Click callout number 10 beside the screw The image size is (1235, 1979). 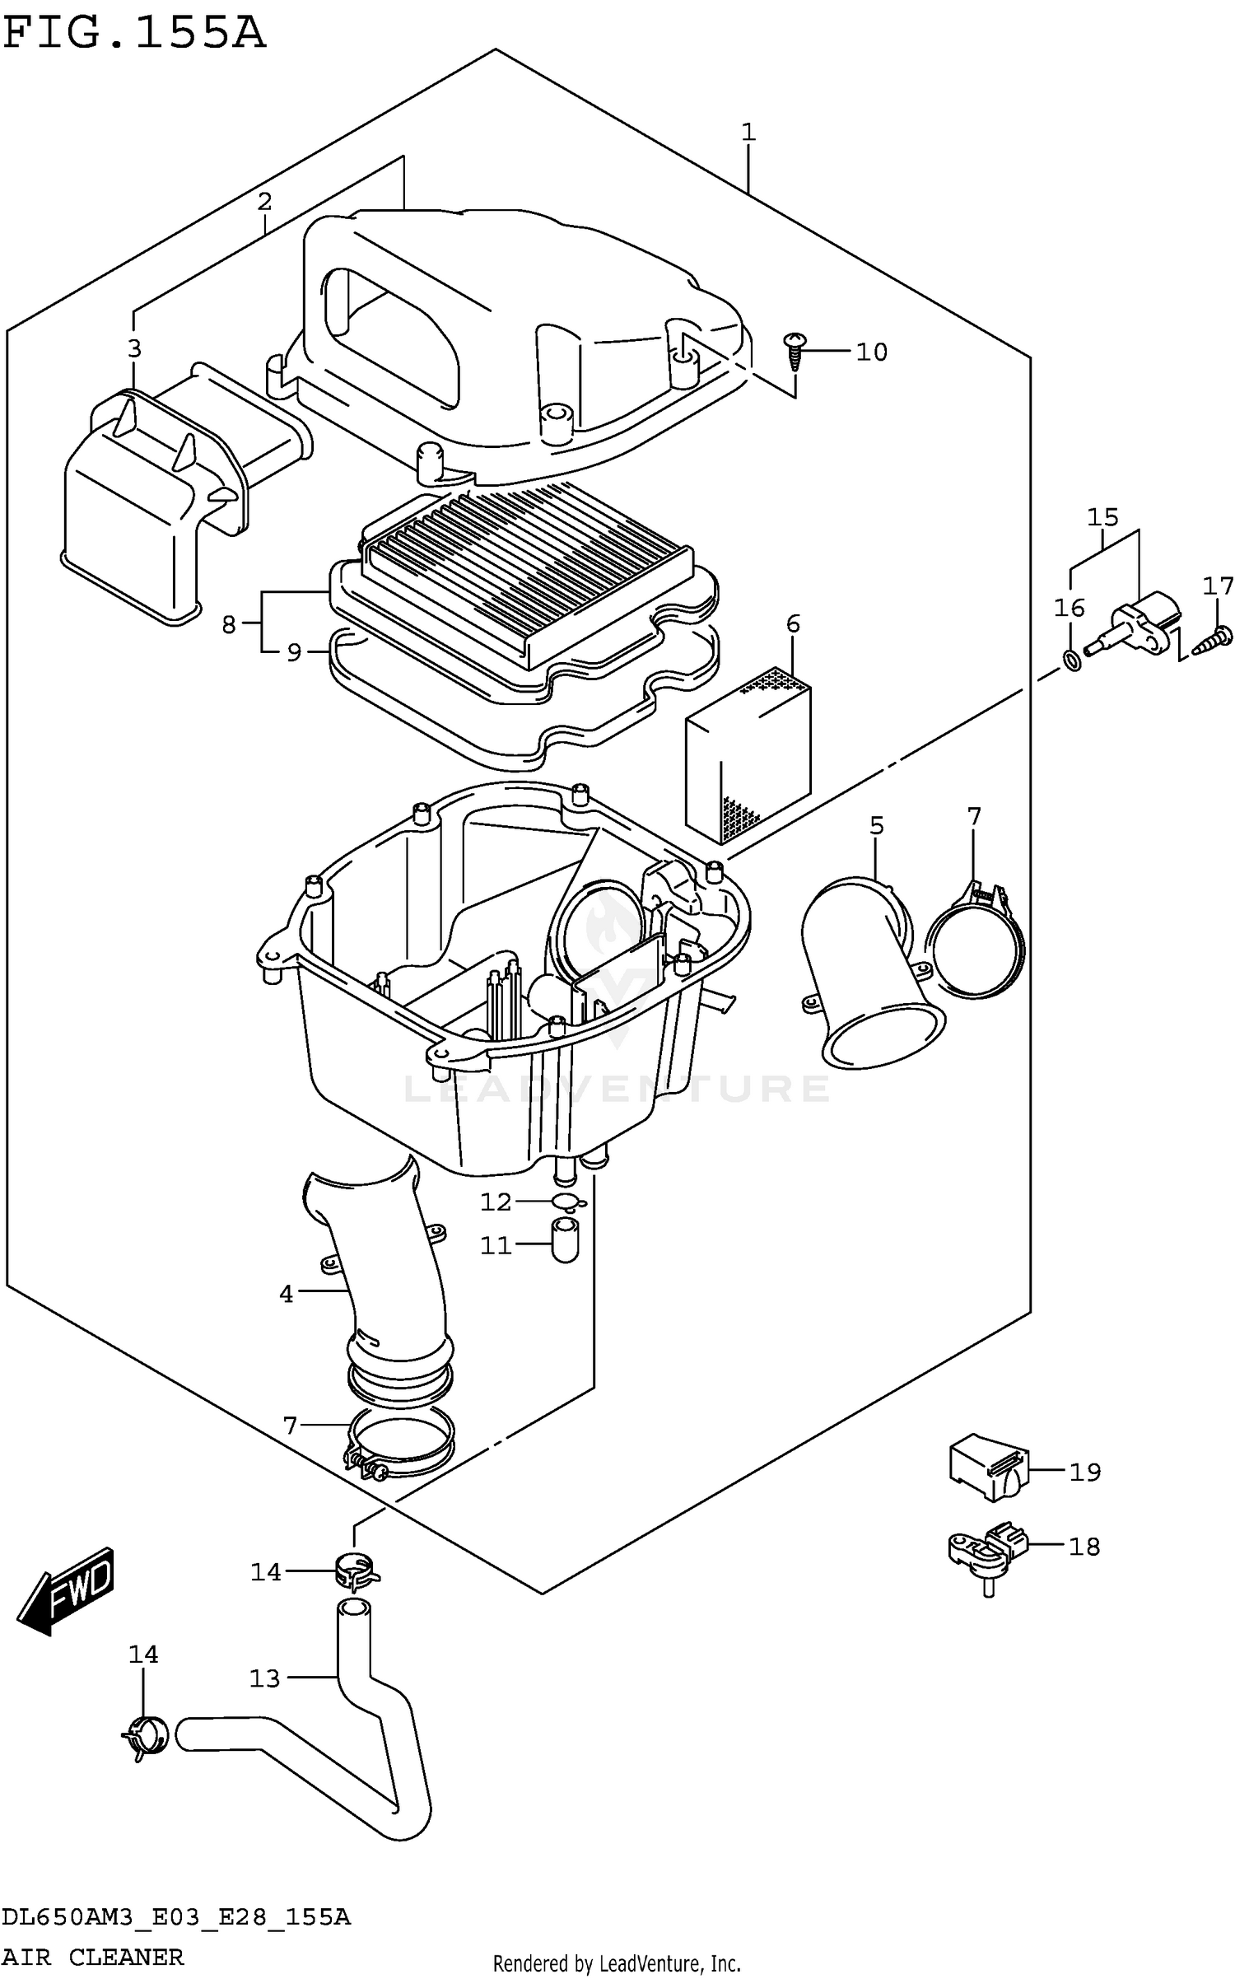pos(871,352)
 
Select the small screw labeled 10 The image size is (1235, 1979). pos(795,349)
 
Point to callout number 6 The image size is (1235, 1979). pos(792,623)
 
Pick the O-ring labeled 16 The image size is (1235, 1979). pos(1072,659)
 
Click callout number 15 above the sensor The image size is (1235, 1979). pos(1102,517)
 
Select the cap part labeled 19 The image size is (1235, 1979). pos(986,1471)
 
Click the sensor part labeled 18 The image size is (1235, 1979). pos(986,1551)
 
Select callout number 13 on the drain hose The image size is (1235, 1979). pos(265,1678)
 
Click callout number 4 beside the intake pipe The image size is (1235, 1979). pos(286,1294)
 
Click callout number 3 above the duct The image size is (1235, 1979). pos(134,348)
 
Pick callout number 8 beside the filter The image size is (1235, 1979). pos(229,624)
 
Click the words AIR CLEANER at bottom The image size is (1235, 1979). pos(92,1956)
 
